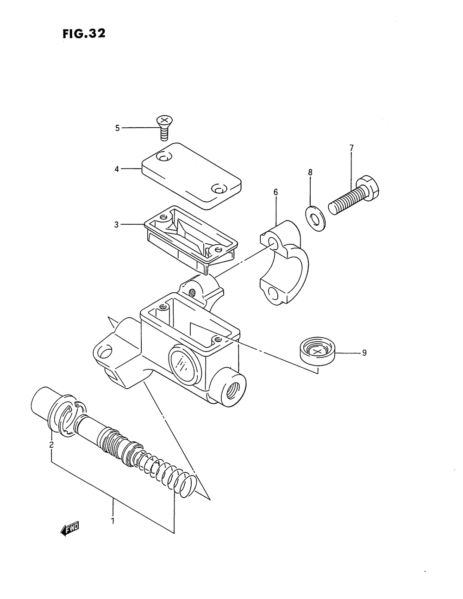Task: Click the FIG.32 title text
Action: [x=84, y=34]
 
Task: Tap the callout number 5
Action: [x=118, y=128]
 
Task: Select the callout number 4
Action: [x=117, y=169]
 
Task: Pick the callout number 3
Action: [x=117, y=225]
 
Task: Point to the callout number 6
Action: [x=275, y=191]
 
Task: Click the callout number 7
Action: [x=351, y=148]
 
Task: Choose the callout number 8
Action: [x=310, y=172]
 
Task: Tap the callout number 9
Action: [x=364, y=353]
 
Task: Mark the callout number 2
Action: [x=51, y=445]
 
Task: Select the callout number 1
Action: [x=113, y=520]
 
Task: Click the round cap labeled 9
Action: [x=317, y=352]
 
